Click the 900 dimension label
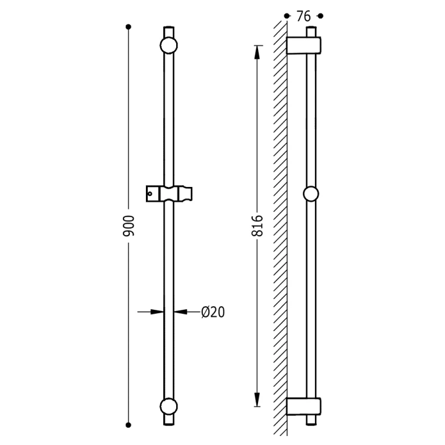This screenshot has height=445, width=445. click(x=129, y=226)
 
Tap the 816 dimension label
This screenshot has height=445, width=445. click(x=258, y=226)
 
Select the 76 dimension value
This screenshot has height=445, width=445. click(x=304, y=17)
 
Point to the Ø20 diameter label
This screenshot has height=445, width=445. click(x=213, y=312)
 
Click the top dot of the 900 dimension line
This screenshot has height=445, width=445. click(x=128, y=27)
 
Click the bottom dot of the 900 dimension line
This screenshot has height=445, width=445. click(x=128, y=425)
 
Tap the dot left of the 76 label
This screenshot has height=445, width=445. click(x=287, y=16)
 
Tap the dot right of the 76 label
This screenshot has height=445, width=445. click(x=320, y=16)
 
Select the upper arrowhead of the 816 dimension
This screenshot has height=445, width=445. click(x=257, y=52)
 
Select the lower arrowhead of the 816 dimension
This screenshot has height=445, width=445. click(x=257, y=399)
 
